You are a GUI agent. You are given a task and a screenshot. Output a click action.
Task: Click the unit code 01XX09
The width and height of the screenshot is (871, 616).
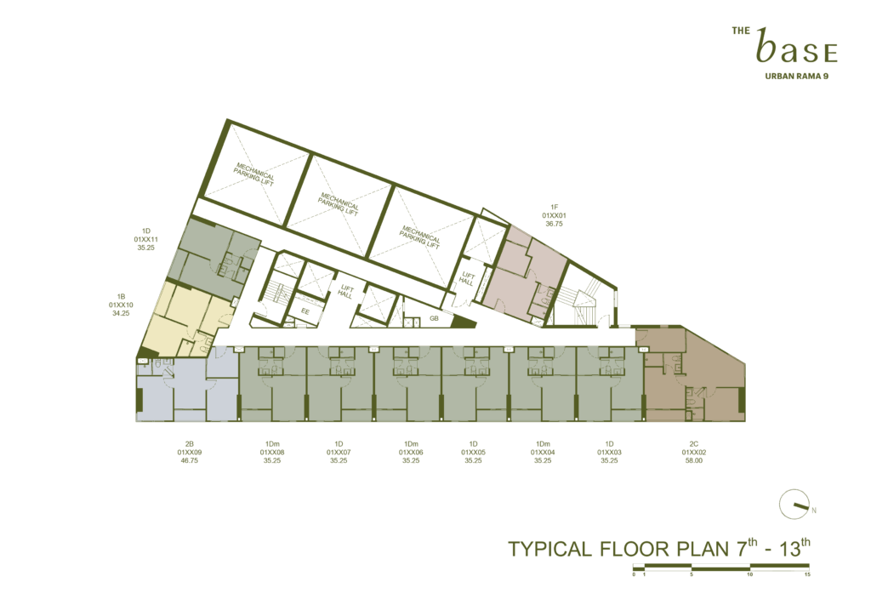(x=190, y=452)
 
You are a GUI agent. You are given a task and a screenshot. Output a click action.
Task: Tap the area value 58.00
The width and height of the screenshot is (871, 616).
(x=694, y=460)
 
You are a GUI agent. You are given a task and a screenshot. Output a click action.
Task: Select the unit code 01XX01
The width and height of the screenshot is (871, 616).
(x=554, y=215)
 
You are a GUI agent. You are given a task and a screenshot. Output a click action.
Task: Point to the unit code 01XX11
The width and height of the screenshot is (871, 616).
(x=146, y=239)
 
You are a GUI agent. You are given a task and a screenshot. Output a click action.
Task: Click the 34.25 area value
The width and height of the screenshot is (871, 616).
(x=121, y=313)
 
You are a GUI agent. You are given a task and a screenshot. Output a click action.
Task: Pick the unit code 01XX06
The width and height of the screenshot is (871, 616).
(x=411, y=452)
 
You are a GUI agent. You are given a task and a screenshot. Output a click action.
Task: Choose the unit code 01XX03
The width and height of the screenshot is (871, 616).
(x=609, y=452)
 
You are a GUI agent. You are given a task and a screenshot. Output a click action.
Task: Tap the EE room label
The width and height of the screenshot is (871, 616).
(x=305, y=311)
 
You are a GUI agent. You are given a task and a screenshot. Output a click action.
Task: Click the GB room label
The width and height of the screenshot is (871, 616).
(x=434, y=318)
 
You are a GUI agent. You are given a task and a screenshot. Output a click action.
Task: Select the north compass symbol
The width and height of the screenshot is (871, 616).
(x=794, y=505)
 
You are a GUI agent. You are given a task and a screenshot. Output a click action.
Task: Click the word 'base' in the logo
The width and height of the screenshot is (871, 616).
(x=796, y=46)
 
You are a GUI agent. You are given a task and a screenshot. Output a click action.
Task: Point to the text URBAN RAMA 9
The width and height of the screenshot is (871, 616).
(x=796, y=76)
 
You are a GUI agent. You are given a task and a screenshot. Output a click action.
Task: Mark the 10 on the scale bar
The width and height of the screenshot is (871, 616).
(x=750, y=574)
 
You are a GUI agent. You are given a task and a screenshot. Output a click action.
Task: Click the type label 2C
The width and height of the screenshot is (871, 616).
(x=694, y=444)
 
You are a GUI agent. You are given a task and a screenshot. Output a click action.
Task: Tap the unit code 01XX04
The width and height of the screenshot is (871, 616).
(x=543, y=452)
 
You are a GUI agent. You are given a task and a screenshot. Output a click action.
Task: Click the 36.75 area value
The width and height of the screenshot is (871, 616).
(x=554, y=224)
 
